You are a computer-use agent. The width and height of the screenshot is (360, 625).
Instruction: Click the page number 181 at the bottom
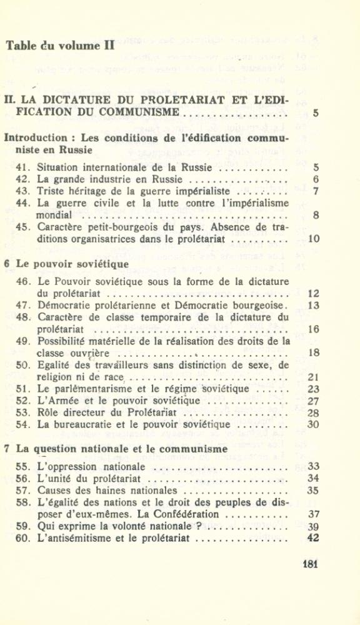[x=311, y=563]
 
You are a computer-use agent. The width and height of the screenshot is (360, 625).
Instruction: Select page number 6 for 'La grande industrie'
[x=316, y=179]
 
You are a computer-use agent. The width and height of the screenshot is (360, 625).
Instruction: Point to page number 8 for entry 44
[x=316, y=215]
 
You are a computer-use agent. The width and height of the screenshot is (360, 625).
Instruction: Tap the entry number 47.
[x=22, y=305]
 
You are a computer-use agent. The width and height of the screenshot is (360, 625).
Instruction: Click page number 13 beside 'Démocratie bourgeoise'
[x=314, y=305]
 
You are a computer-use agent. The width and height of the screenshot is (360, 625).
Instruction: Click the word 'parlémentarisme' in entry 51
[x=91, y=389]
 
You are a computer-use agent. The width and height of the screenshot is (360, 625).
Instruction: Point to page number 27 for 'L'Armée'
[x=314, y=401]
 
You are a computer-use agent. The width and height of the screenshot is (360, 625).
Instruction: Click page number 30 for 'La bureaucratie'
[x=314, y=424]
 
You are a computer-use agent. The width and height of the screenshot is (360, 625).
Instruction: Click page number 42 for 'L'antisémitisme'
[x=314, y=538]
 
